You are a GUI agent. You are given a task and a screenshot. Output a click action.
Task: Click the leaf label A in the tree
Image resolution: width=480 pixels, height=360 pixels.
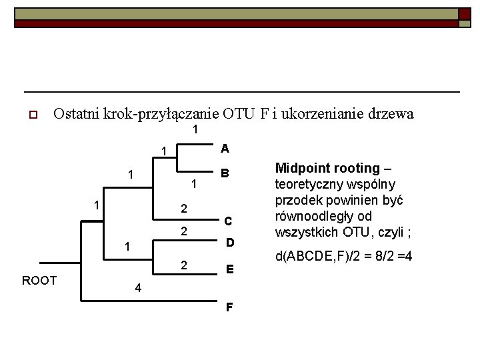[x=225, y=148]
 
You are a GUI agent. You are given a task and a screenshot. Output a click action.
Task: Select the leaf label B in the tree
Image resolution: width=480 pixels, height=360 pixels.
[x=225, y=173]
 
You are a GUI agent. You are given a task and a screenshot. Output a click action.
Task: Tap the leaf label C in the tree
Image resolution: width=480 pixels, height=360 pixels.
[x=227, y=221]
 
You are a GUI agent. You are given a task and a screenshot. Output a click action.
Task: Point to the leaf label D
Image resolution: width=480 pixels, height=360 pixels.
[x=229, y=242]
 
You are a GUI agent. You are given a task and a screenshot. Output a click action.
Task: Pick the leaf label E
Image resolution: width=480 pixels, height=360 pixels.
[x=229, y=269]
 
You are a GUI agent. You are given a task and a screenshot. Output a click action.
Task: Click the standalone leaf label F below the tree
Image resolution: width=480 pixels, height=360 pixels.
[x=229, y=307]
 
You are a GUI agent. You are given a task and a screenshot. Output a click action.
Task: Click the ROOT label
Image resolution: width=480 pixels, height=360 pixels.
[x=39, y=280]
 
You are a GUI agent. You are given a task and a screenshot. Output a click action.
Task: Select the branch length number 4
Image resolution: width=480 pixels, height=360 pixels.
[x=137, y=289]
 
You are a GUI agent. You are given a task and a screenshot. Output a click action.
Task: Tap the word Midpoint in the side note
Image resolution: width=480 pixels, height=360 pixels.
[x=301, y=168]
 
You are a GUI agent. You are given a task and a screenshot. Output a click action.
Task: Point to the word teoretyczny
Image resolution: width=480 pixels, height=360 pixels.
[x=311, y=184]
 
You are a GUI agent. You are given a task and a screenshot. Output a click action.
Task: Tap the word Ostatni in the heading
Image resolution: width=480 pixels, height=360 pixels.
[x=76, y=113]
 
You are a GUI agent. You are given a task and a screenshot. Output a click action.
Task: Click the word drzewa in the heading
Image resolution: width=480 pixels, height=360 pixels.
[x=392, y=113]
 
